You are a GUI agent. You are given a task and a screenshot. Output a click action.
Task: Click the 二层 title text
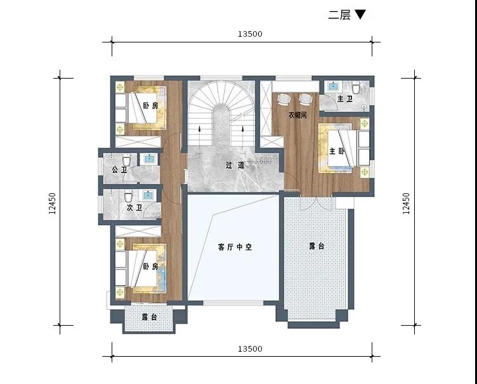pyautogui.click(x=339, y=15)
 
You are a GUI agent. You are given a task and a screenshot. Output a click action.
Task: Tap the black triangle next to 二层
pyautogui.click(x=360, y=15)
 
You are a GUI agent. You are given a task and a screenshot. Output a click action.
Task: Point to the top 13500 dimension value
pyautogui.click(x=250, y=34)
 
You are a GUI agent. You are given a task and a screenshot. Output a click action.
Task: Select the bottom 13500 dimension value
pyautogui.click(x=250, y=349)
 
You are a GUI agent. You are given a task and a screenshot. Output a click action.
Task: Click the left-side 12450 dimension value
pyautogui.click(x=52, y=203)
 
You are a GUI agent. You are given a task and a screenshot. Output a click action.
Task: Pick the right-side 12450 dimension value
pyautogui.click(x=407, y=203)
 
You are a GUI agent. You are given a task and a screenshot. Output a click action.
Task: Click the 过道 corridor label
pyautogui.click(x=235, y=165)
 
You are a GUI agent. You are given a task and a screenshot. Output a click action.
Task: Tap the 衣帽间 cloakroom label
pyautogui.click(x=297, y=115)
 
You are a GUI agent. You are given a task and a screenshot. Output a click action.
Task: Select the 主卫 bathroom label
pyautogui.click(x=345, y=99)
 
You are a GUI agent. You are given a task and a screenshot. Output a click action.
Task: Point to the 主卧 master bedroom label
pyautogui.click(x=337, y=151)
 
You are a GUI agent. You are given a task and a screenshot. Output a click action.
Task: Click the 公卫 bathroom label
pyautogui.click(x=119, y=170)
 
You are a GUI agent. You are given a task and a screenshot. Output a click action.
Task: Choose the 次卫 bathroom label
pyautogui.click(x=134, y=208)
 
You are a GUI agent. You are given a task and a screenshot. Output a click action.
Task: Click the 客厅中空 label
pyautogui.click(x=235, y=247)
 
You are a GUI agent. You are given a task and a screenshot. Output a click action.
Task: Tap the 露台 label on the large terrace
pyautogui.click(x=317, y=246)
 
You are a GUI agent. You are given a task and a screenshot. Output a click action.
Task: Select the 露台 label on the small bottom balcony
pyautogui.click(x=149, y=317)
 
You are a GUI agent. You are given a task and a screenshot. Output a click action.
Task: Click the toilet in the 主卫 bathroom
pyautogui.click(x=356, y=88)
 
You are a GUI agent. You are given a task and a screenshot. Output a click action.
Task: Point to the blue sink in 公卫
pyautogui.click(x=149, y=158)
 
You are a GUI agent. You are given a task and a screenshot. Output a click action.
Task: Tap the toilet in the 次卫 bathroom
pyautogui.click(x=128, y=197)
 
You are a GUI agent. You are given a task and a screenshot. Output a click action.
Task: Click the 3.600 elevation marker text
pyautogui.click(x=261, y=161)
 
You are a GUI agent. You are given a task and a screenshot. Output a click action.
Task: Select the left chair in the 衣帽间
pyautogui.click(x=283, y=99)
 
